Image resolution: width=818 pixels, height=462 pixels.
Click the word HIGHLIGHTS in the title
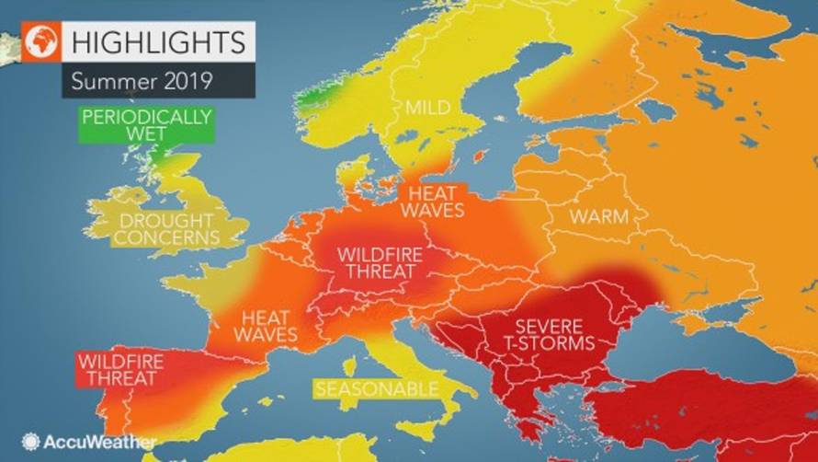click(x=157, y=41)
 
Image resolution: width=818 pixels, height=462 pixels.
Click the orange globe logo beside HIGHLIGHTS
click(x=43, y=42)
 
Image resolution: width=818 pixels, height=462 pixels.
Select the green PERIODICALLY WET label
click(x=146, y=125)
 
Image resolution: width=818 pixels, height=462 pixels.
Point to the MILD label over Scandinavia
click(x=427, y=109)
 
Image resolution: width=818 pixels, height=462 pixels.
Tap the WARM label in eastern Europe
click(x=598, y=218)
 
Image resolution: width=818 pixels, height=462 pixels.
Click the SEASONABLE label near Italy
click(x=377, y=389)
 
